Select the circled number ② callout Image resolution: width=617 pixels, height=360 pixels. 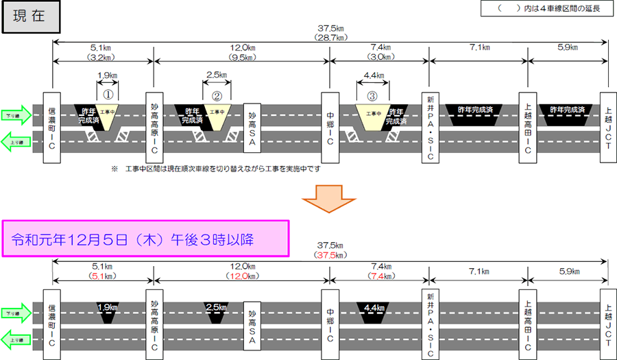(x=217, y=97)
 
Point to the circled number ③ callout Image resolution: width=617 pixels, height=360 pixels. (x=372, y=97)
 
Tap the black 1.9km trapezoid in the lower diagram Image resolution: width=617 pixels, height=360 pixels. (x=107, y=309)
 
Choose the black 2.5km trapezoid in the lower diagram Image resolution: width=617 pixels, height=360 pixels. (x=217, y=309)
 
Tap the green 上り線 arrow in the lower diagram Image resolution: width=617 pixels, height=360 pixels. (x=16, y=339)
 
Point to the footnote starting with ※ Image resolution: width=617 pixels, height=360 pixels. (x=215, y=168)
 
